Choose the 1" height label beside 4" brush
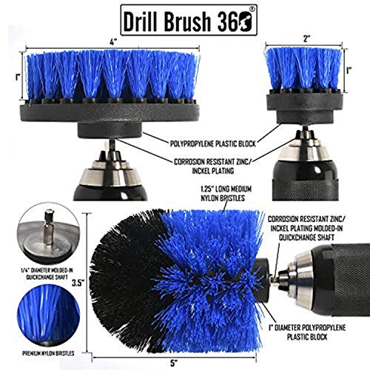(x=16, y=78)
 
